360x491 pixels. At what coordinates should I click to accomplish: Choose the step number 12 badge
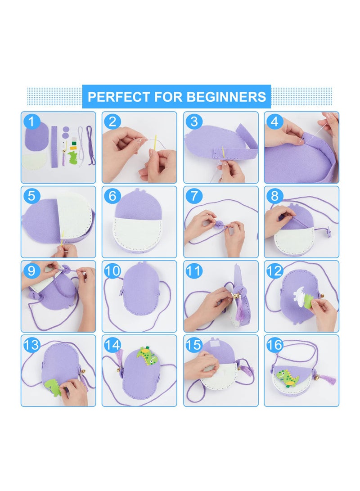[274, 271]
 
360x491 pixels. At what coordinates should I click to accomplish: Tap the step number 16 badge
[274, 345]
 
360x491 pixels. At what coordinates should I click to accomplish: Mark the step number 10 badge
[112, 271]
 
